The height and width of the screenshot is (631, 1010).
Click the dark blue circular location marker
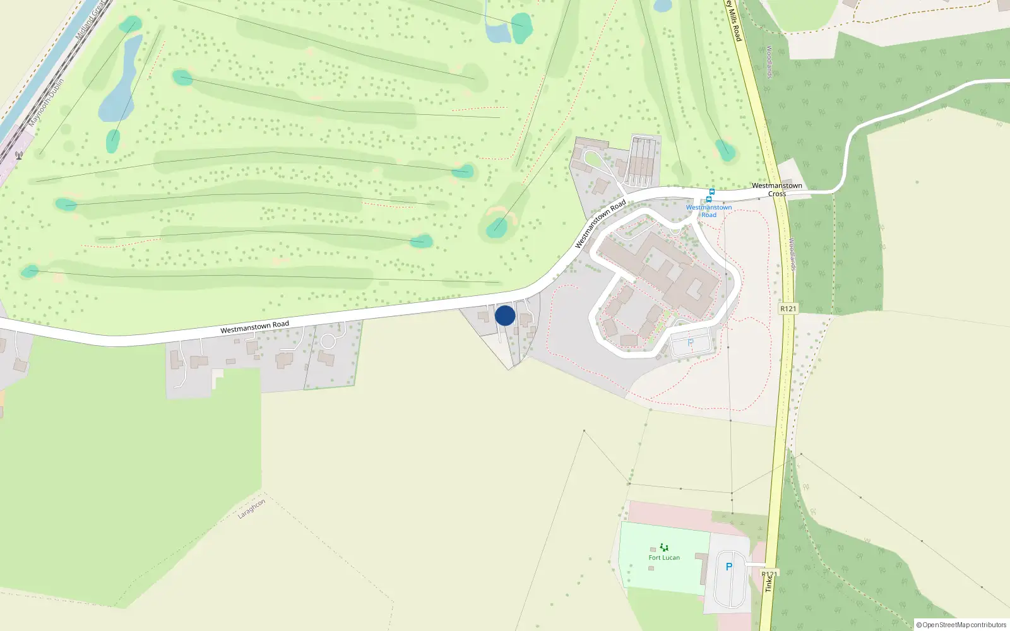click(505, 315)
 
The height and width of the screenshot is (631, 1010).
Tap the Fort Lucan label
click(664, 558)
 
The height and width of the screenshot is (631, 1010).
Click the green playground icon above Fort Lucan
click(663, 547)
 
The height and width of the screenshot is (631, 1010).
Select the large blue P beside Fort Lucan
click(729, 567)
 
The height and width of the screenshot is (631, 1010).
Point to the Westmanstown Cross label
click(777, 189)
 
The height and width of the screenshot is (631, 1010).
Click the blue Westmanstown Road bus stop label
click(709, 211)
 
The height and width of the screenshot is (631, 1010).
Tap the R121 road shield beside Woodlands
click(788, 309)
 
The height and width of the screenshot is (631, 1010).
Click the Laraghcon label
click(251, 509)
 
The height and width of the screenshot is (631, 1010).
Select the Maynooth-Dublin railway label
click(46, 103)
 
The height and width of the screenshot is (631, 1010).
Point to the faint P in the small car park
click(690, 343)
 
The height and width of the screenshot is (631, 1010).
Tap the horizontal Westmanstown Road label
click(254, 327)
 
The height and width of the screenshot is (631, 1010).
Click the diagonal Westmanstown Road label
click(600, 223)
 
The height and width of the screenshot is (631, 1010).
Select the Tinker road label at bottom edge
click(768, 583)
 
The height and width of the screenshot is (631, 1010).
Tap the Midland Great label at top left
click(90, 21)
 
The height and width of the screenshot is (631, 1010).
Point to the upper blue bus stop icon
click(712, 192)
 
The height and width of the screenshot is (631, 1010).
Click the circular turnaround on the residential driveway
click(328, 341)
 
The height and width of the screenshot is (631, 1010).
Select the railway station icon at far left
click(19, 155)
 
